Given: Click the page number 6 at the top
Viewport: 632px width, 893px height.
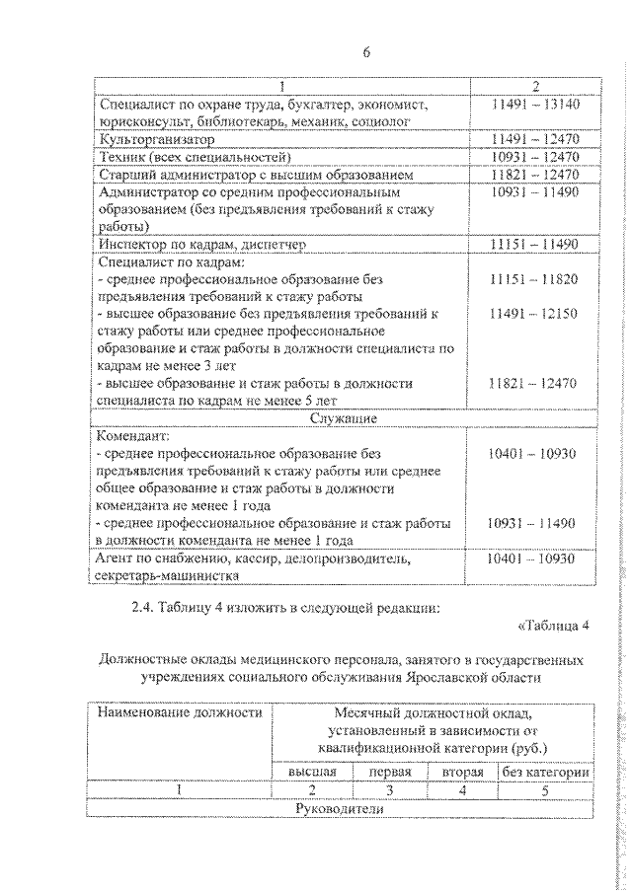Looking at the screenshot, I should tap(366, 52).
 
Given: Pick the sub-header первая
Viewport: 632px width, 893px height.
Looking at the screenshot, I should tap(390, 771).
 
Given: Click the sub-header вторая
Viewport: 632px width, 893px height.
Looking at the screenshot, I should tap(462, 771).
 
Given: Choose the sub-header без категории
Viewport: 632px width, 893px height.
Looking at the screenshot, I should tap(545, 771).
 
